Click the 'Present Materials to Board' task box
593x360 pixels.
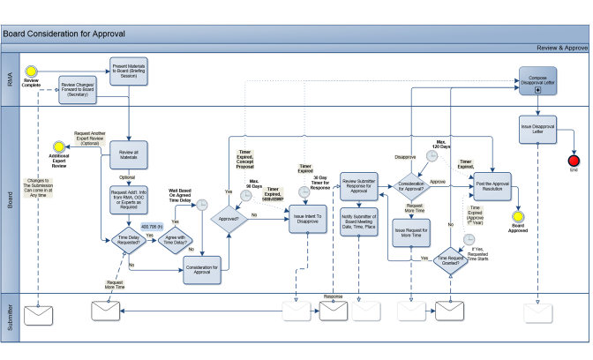click(x=130, y=71)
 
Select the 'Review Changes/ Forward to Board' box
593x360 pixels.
click(x=79, y=90)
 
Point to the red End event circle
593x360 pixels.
click(x=574, y=161)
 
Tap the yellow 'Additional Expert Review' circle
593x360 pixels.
click(x=60, y=146)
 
